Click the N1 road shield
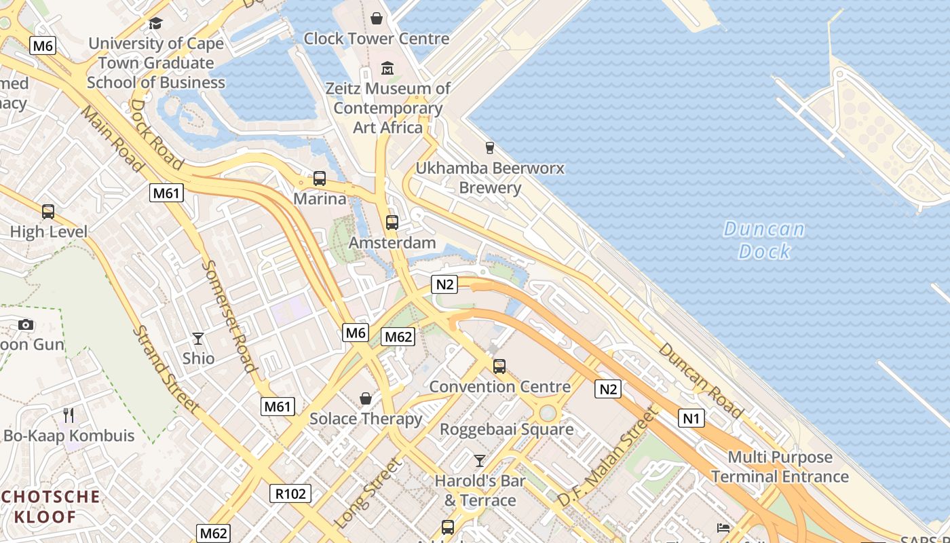tap(691, 418)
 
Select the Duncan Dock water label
tap(764, 240)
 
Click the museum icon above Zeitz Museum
tap(387, 68)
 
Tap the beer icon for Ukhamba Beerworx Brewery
tap(489, 147)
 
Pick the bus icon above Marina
tap(320, 179)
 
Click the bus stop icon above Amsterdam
tap(392, 222)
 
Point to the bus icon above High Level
tap(48, 211)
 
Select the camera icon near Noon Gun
tap(26, 324)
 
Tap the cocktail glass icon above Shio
tap(198, 338)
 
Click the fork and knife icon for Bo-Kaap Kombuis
tap(68, 415)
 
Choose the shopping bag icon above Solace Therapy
tap(366, 398)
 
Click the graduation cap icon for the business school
tap(155, 24)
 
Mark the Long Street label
tap(368, 493)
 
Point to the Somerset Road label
tap(230, 316)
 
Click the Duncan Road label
tap(700, 379)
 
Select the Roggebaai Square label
tap(506, 429)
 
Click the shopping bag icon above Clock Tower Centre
tap(377, 18)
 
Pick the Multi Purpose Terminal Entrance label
tap(780, 467)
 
